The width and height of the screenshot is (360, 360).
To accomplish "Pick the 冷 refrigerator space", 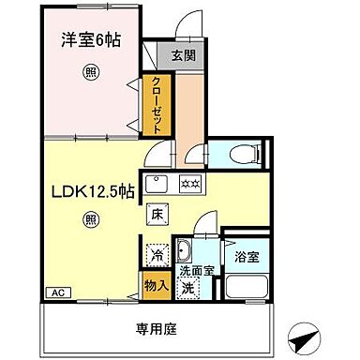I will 156,253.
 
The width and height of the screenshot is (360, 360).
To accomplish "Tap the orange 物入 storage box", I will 155,284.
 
